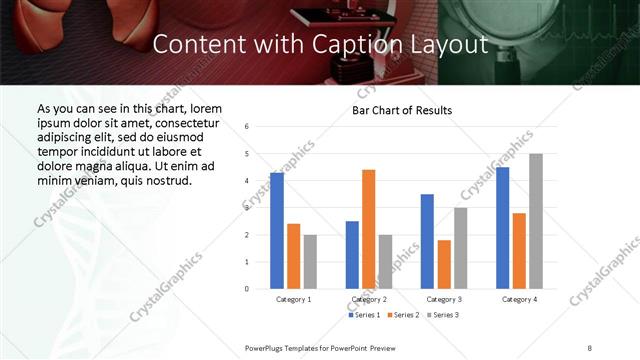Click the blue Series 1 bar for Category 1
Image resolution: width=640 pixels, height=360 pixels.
(277, 231)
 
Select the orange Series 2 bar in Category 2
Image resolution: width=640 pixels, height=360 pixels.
(368, 229)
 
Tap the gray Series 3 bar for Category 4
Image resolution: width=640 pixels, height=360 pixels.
(536, 221)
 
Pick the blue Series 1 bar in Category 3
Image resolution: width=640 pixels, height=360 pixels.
(427, 241)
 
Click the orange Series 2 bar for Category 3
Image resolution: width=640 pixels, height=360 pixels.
(444, 264)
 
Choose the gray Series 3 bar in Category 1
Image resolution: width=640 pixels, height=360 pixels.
(310, 262)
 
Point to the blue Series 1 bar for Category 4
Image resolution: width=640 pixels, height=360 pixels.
(502, 228)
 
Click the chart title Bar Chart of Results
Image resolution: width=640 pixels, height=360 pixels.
(402, 110)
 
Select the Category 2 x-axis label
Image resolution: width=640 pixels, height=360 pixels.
(369, 299)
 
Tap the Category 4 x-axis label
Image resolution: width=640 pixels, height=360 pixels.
(519, 299)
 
